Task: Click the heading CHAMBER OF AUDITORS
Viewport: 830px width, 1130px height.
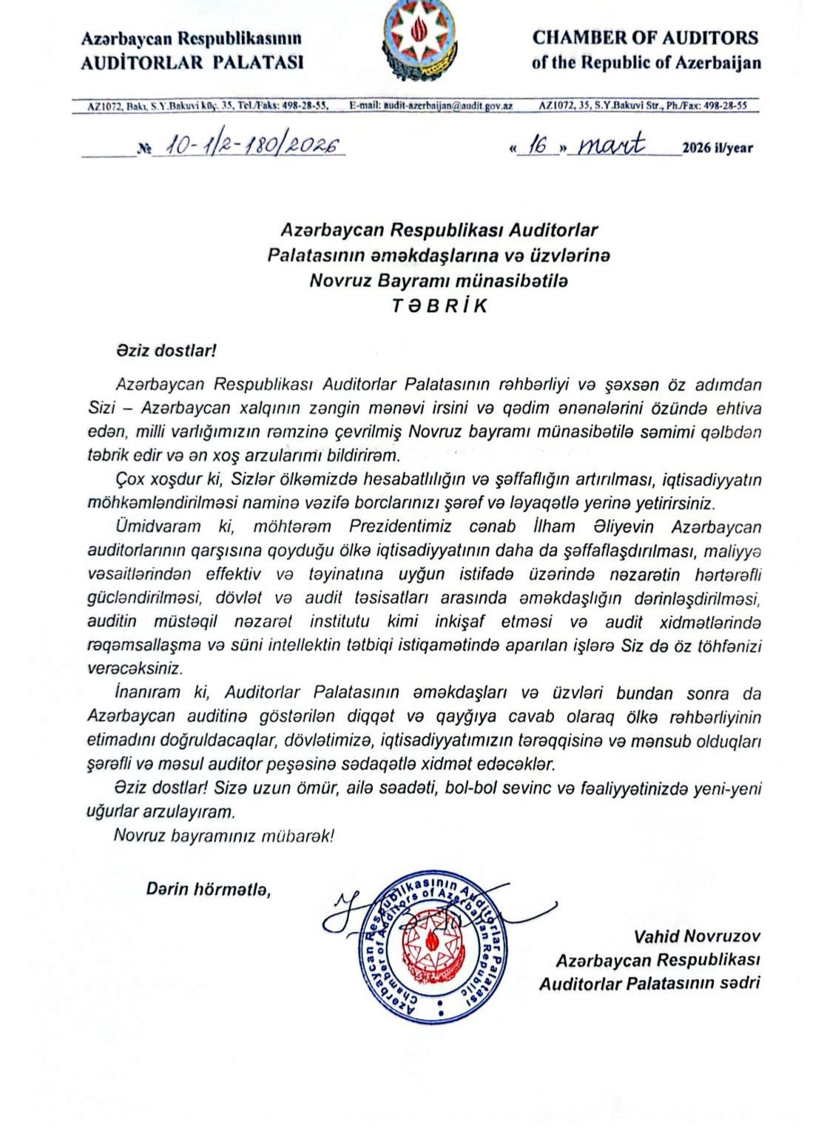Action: [x=645, y=38]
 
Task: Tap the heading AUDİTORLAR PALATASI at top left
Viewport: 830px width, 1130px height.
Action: [x=192, y=62]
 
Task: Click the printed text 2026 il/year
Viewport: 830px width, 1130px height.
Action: [x=718, y=148]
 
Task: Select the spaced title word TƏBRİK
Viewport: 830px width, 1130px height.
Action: [x=439, y=306]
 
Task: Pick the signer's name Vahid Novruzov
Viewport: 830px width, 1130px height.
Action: [x=697, y=936]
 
